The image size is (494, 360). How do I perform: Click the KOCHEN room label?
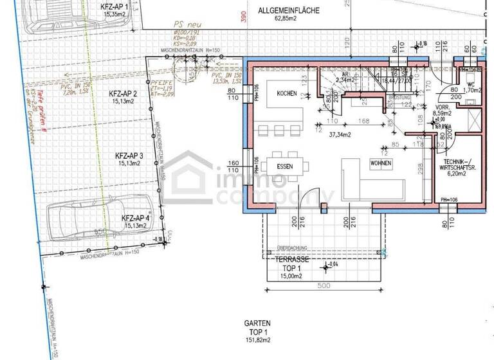pos(287,94)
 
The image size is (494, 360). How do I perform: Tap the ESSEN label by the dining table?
pos(286,165)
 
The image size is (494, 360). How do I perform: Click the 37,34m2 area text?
pos(339,135)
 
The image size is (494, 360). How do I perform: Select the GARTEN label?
pos(257,323)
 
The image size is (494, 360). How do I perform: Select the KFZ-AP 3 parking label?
pos(129,156)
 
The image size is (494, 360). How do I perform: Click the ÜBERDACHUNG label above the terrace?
pos(293,247)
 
